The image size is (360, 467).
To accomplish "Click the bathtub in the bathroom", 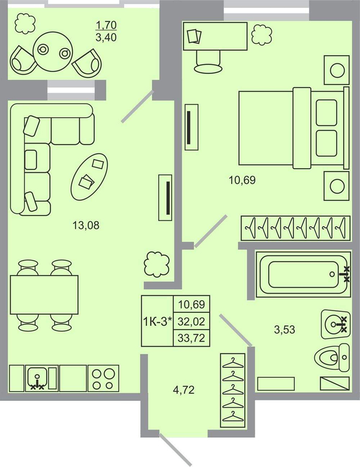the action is (303, 274).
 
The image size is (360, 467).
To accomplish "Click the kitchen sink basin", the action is (37, 378).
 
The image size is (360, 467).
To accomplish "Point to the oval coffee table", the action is (89, 177).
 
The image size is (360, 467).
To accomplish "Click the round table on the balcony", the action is (52, 52).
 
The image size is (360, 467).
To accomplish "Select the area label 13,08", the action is (86, 225).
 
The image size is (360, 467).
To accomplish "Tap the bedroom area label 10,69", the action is (242, 180).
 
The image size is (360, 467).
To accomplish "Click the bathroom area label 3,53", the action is (284, 330).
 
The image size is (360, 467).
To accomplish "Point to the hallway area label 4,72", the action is (184, 389).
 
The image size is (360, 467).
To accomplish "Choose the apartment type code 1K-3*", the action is (158, 321).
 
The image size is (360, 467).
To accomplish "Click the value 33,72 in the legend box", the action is (191, 338).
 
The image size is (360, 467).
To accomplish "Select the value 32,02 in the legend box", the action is (191, 321).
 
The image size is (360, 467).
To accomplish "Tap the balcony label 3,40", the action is (106, 38).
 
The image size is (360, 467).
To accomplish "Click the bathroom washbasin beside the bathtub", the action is (335, 324).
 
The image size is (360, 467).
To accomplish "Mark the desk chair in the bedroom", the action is (208, 62).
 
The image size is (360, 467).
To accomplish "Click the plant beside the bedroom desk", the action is (262, 35).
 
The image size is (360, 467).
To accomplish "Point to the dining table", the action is (44, 294).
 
